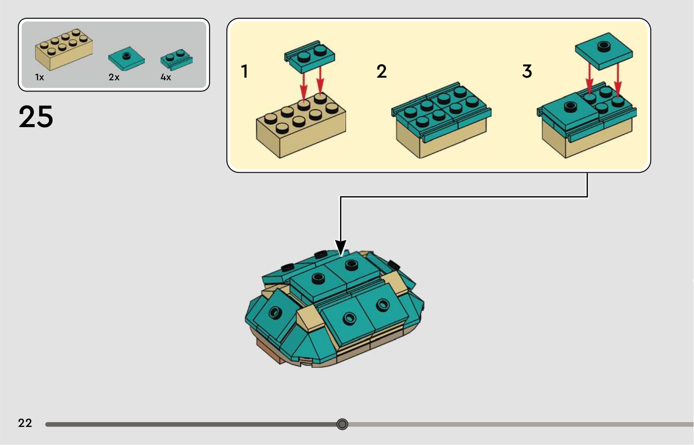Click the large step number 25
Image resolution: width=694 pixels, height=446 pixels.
pos(36,117)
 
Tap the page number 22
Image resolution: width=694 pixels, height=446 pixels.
pos(25,423)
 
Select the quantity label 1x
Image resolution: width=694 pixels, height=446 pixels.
pos(39,77)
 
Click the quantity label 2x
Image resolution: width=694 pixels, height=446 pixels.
pos(114,77)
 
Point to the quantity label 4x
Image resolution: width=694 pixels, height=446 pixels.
pos(166,77)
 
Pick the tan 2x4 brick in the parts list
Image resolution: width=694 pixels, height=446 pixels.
pos(64,49)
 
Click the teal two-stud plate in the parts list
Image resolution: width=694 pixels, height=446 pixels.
pos(176,59)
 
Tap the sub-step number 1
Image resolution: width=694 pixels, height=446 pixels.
pos(245,71)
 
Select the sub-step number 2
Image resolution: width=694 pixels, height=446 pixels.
pos(381,72)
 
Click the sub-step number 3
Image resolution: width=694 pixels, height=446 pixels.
pos(527,71)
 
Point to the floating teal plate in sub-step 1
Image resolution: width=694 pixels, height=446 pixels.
pos(310,56)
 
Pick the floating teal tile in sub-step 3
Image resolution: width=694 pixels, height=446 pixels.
pos(604,50)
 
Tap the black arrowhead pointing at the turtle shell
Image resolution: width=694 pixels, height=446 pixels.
pos(341,248)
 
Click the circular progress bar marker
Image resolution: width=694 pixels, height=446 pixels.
pos(342,424)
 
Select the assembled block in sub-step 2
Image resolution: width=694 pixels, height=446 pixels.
pos(441,121)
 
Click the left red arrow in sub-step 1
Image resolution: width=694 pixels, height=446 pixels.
pos(304,86)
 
